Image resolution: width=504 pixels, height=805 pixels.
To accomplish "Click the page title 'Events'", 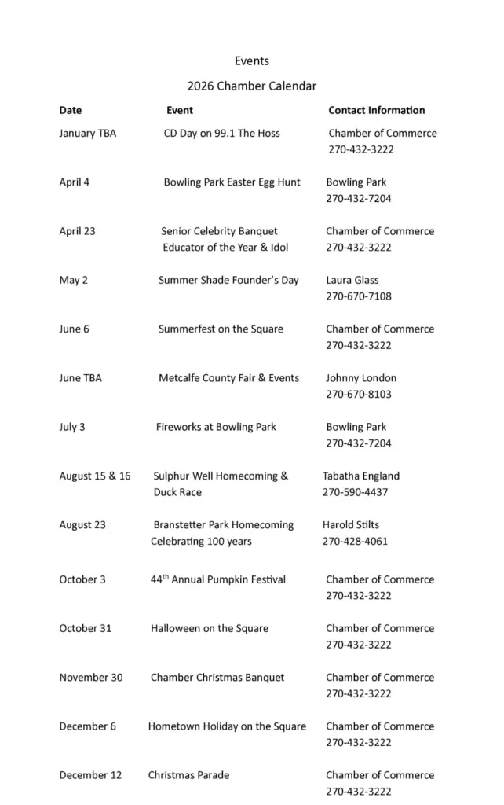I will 251,61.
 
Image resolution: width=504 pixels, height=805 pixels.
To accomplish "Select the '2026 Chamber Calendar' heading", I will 251,86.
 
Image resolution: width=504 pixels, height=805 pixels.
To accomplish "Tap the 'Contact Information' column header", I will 376,110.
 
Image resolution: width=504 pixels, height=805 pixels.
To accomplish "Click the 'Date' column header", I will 70,110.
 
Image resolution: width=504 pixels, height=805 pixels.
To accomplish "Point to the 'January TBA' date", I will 87,134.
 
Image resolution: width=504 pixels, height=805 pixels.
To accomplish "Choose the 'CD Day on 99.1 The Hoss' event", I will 221,134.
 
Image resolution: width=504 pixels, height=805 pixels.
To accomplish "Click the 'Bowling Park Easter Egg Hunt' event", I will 232,182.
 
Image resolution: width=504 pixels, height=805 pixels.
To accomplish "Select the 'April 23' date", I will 77,231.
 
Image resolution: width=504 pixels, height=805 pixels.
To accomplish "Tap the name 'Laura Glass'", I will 352,280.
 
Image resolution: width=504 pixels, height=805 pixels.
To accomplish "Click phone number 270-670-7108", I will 358,296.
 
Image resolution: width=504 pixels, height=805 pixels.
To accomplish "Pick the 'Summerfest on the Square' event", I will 221,329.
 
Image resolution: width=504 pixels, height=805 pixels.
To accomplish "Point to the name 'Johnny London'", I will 361,378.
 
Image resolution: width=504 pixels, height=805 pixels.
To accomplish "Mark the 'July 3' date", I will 72,427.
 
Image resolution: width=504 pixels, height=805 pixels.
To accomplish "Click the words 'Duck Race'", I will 177,492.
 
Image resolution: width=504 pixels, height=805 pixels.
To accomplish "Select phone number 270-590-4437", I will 355,492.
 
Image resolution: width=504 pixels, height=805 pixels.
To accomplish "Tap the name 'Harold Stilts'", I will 350,524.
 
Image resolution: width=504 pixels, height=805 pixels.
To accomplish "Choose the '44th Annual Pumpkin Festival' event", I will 218,579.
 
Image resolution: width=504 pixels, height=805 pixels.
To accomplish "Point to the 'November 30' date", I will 90,677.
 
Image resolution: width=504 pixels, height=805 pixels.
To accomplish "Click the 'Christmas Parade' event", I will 188,775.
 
